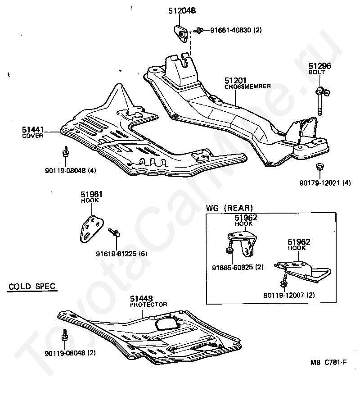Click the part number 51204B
point(182,11)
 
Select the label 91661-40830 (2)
point(236,30)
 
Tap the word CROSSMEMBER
point(247,87)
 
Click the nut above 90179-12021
point(319,166)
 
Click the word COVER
point(33,136)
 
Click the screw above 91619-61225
point(114,232)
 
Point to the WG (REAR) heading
point(229,208)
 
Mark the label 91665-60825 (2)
point(238,268)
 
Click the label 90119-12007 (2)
point(289,296)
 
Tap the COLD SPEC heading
point(32,286)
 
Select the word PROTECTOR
point(148,305)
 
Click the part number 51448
point(141,298)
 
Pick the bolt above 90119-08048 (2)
point(65,335)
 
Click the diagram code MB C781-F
point(328,362)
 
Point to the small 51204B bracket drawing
point(181,34)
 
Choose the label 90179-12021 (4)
point(325,183)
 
